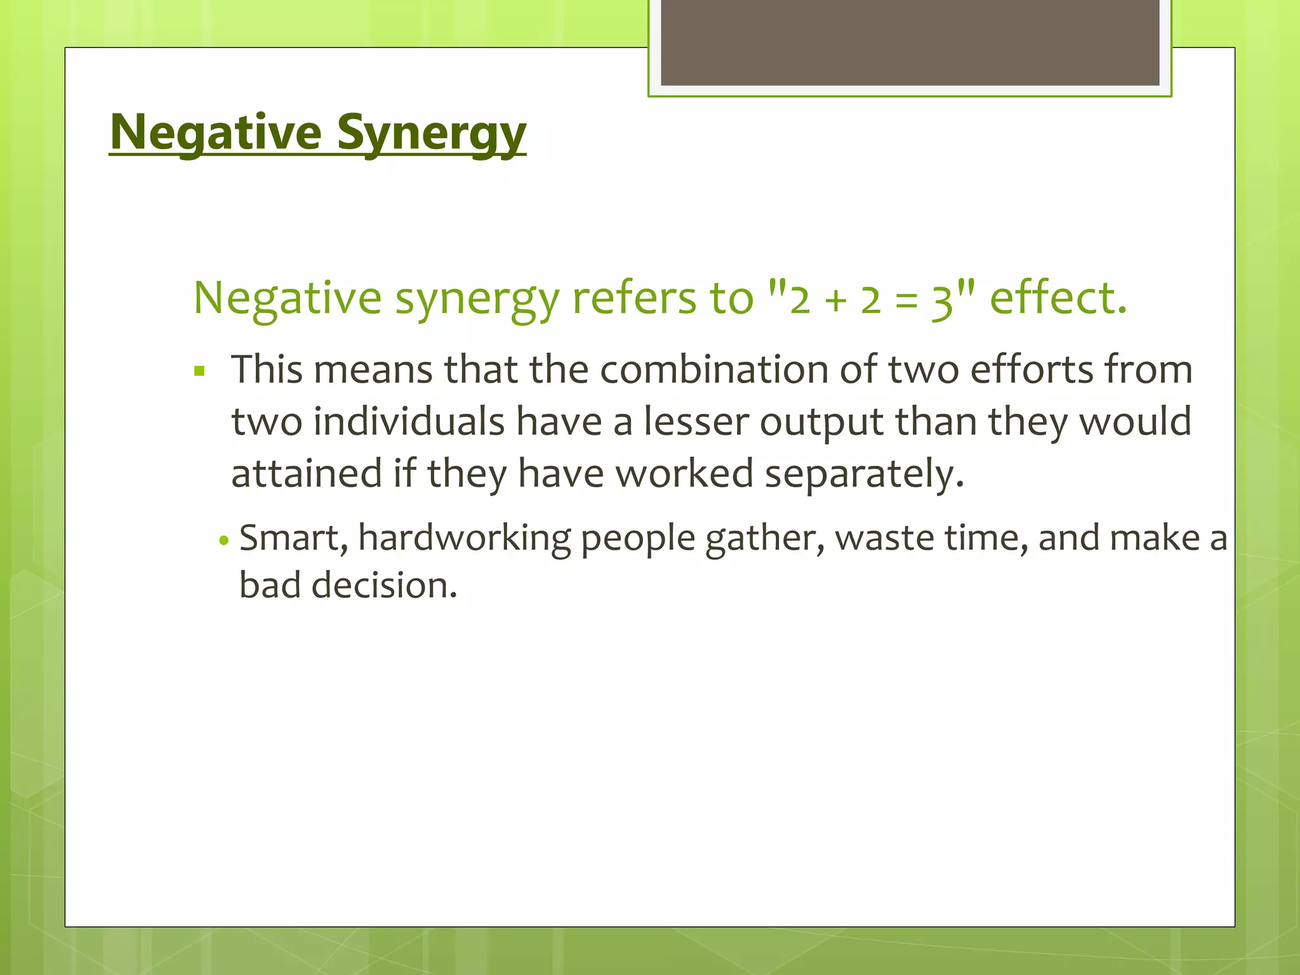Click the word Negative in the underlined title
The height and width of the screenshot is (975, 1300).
point(216,132)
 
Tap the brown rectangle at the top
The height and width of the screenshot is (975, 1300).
point(910,43)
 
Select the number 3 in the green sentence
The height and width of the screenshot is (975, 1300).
point(942,300)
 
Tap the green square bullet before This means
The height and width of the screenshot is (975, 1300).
point(200,371)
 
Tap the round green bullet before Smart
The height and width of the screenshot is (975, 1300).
point(223,541)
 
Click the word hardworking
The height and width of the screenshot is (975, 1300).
point(465,538)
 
